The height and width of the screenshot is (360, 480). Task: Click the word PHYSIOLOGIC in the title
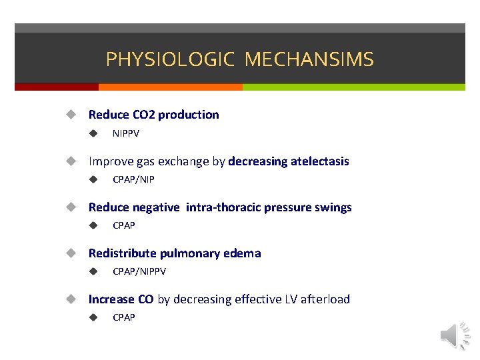click(x=170, y=60)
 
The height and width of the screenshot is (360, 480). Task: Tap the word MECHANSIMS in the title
click(x=309, y=60)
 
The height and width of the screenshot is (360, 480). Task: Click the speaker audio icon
click(x=455, y=335)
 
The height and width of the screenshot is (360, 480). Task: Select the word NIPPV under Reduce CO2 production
click(x=126, y=133)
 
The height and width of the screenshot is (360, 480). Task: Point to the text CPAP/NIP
click(x=133, y=179)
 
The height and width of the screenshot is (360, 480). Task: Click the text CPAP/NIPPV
click(x=139, y=271)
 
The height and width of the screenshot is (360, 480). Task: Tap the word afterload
click(x=325, y=299)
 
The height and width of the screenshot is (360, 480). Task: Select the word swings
click(x=334, y=207)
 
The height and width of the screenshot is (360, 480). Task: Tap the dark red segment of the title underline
click(x=57, y=87)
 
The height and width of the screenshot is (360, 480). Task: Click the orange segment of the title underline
click(x=170, y=87)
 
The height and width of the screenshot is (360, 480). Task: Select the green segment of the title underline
click(x=353, y=87)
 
